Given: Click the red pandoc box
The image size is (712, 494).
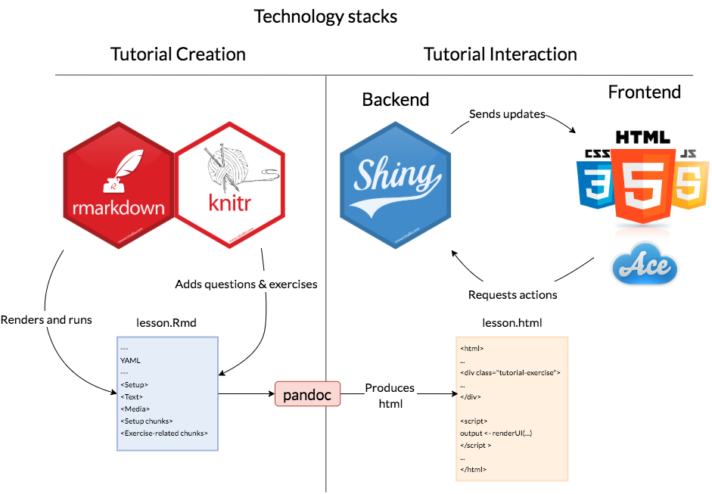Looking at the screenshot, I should (307, 395).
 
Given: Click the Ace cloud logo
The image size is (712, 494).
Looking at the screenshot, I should (644, 266).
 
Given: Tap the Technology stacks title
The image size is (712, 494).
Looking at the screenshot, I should (325, 16).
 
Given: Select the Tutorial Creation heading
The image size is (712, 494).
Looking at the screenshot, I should (178, 54).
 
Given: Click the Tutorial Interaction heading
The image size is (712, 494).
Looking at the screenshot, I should (500, 54).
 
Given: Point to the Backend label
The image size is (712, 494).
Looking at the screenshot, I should (396, 99).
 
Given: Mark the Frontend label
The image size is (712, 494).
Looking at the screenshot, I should (645, 92).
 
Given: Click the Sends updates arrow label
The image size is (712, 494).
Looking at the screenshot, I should (507, 114).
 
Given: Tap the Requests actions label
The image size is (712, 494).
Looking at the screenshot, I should (513, 295).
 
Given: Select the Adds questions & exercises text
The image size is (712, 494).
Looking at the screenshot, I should (246, 284).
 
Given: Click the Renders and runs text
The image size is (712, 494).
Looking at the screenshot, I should (46, 319).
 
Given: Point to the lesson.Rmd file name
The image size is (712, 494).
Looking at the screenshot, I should (166, 323).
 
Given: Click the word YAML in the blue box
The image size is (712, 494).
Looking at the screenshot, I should (131, 361).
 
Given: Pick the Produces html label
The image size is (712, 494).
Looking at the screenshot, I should (390, 396).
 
